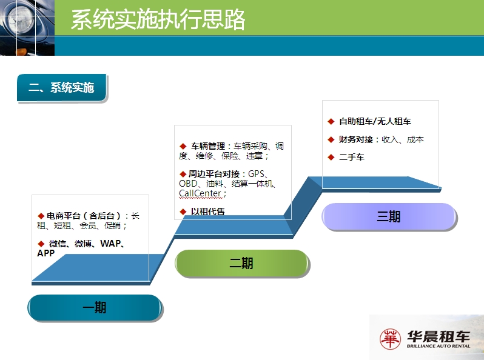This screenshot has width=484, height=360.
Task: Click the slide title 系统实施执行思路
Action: click(158, 19)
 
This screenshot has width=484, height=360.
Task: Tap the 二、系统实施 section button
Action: click(62, 88)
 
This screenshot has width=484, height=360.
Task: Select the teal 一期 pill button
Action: click(95, 307)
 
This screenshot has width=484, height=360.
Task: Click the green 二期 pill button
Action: click(241, 263)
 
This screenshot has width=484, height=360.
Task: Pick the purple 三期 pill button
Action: click(389, 216)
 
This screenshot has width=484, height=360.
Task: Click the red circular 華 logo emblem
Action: click(390, 339)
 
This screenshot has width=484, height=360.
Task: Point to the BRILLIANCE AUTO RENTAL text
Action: click(439, 346)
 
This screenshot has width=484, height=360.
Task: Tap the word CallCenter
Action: click(200, 193)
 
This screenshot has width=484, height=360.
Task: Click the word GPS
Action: click(256, 174)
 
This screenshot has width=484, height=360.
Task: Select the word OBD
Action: click(188, 184)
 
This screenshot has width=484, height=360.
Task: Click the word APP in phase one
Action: click(45, 253)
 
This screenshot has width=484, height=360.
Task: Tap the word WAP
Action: click(110, 244)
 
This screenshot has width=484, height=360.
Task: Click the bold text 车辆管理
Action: click(208, 146)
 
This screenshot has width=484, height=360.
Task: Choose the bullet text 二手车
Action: click(352, 157)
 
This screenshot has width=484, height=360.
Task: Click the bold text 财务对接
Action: click(356, 139)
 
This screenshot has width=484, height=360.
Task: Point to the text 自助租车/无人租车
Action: click(375, 121)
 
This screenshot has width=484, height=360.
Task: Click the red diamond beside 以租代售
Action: click(183, 212)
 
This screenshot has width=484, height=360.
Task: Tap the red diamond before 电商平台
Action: click(41, 216)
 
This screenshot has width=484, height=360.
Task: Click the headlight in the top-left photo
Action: click(21, 18)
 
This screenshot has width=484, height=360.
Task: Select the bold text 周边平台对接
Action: click(214, 174)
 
